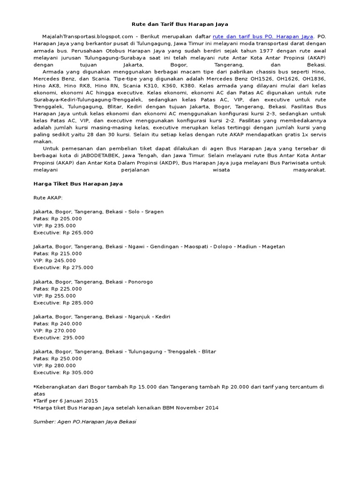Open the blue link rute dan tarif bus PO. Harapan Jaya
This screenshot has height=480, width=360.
[262, 36]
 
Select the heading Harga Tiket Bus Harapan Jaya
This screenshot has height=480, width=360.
[78, 184]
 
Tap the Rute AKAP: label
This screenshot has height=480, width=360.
[48, 198]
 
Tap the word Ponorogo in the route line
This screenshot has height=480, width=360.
[140, 282]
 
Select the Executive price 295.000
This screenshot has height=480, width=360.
[73, 337]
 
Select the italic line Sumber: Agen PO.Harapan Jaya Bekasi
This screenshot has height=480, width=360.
[85, 422]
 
